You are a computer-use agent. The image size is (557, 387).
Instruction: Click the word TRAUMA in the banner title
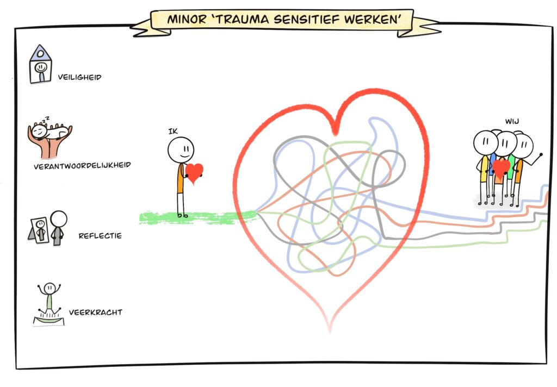coord(242,20)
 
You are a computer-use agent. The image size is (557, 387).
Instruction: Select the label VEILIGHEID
coord(79,77)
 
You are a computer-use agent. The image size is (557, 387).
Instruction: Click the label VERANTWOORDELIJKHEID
coord(83,165)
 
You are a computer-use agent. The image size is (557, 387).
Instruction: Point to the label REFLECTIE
coord(100,236)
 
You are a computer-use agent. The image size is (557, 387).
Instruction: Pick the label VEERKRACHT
coord(96,313)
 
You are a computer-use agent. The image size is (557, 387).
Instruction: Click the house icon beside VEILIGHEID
coord(40,64)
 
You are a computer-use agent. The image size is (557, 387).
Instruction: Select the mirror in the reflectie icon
coord(39,230)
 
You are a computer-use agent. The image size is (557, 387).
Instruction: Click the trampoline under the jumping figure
coord(49,320)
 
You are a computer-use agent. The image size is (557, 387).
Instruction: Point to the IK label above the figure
coord(173,132)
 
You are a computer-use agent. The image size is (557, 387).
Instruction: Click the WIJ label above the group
coord(512,121)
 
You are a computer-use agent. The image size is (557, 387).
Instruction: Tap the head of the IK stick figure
coord(181,150)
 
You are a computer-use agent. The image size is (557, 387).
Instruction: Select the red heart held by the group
coord(501,168)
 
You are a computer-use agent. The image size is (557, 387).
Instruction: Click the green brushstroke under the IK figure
coord(197,217)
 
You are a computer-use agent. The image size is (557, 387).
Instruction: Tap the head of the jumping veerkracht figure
coord(49,288)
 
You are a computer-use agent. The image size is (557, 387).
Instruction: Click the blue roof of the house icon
coord(40,53)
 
